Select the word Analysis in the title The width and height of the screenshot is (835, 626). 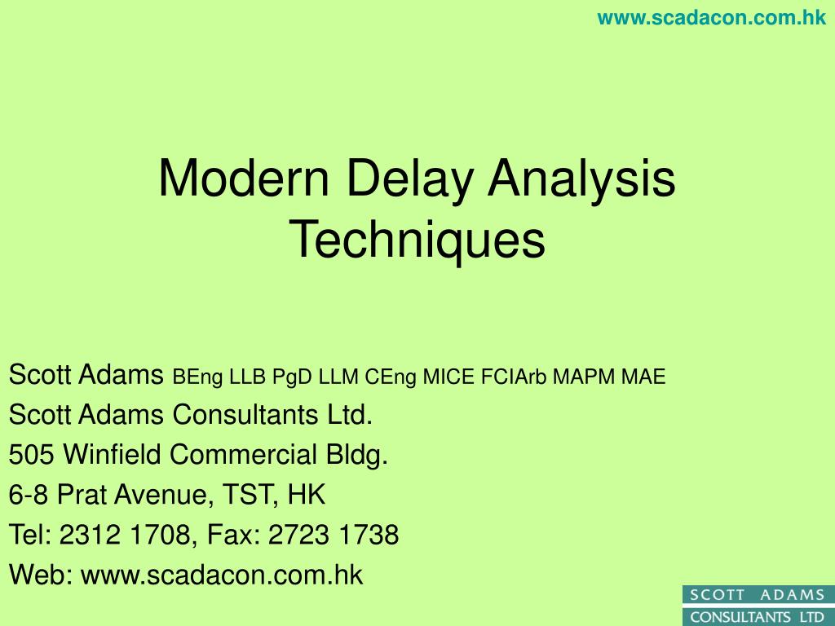coord(582,179)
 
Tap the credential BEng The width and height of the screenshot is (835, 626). coord(198,377)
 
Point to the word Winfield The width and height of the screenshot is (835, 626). coord(113,455)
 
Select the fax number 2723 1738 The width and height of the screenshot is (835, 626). coord(334,535)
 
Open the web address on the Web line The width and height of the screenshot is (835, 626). coord(222,575)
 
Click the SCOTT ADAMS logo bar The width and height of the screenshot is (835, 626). coord(758,595)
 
